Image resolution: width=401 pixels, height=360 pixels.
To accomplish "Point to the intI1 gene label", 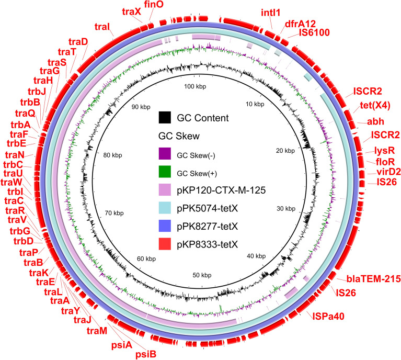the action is click(272, 12).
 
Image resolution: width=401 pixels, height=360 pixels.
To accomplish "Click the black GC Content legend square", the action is click(167, 118).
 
